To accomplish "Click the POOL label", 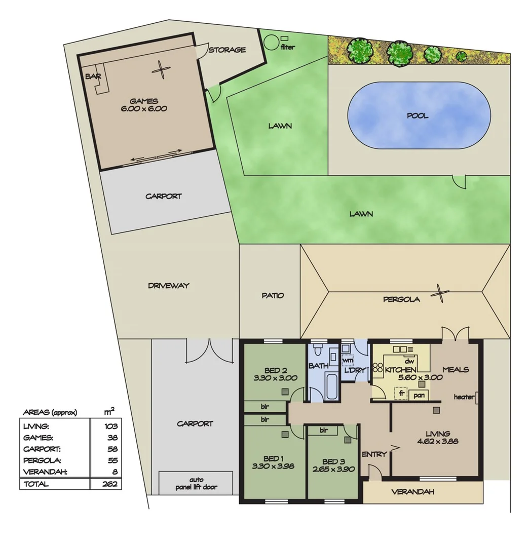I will tap(418, 115).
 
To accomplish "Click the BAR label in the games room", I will tap(93, 76).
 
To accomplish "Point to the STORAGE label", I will tap(227, 50).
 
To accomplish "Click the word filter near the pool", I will tap(287, 47).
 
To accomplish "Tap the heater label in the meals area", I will tap(464, 397).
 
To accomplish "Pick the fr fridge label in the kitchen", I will tap(401, 393).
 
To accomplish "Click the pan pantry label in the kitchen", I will tap(419, 395).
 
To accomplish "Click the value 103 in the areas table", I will tap(110, 426).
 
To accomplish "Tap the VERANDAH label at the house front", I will tap(413, 492).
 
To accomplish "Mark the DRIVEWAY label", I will tap(169, 286).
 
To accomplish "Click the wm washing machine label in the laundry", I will tap(348, 360).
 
